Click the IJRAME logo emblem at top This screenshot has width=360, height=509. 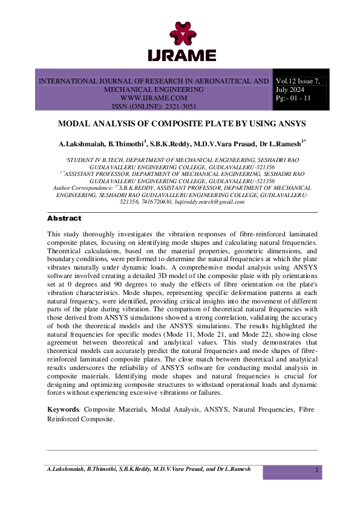click(x=182, y=33)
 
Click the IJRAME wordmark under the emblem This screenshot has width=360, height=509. click(x=182, y=56)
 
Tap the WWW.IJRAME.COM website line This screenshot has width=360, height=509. click(x=154, y=97)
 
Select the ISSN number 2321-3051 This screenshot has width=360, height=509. click(x=174, y=106)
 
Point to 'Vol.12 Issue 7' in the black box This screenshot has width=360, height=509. click(x=301, y=81)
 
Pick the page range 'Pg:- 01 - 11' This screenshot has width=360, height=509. click(x=293, y=98)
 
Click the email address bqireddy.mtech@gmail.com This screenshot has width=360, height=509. click(x=212, y=202)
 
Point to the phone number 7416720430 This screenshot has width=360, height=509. click(x=158, y=202)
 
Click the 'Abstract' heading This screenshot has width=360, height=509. click(x=64, y=218)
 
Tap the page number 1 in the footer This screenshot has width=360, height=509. click(x=316, y=470)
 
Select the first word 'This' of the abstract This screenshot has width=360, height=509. click(x=54, y=233)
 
